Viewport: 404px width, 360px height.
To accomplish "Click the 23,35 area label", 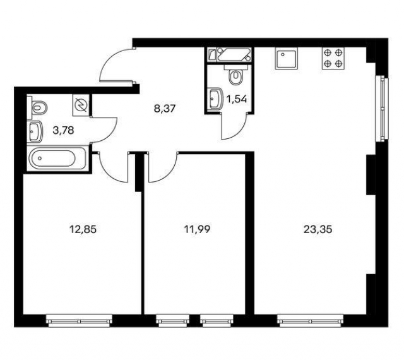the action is pos(318,229).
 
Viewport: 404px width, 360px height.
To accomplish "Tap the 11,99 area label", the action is pos(197,229).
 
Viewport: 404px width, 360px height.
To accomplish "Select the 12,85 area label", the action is pos(83,229).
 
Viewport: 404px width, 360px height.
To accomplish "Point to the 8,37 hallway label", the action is pos(164,109).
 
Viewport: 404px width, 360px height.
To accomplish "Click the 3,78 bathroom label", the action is pos(63,131).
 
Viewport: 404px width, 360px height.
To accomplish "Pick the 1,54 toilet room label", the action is pos(237,99).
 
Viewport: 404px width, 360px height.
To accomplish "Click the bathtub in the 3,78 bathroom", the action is pos(57,158).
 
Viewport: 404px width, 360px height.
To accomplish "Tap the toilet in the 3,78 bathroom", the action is pos(38,107).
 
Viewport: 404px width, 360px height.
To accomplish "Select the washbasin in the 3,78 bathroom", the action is pos(35,131).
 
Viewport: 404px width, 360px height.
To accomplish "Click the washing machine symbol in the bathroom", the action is pos(81,105).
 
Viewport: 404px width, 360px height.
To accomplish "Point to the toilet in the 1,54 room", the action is pos(235,75).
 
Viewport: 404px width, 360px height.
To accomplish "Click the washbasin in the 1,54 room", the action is pos(215,99).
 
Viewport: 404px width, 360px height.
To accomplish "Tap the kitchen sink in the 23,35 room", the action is pos(286,59).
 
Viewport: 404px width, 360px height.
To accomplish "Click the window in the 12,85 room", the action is pos(79,321).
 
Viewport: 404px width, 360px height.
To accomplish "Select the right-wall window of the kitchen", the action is pos(382,109).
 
